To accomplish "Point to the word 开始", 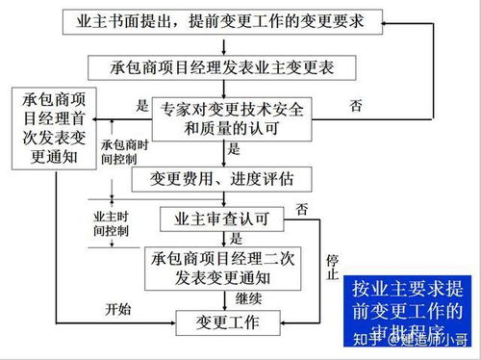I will point(116,308).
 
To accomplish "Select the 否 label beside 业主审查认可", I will point(301,209).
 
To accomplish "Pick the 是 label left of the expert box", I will point(143,106).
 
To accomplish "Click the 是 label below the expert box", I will point(234,150).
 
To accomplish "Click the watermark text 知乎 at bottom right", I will point(370,340).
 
